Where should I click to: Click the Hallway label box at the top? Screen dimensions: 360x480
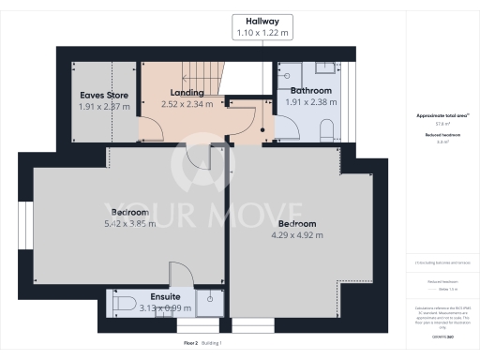(x=263, y=27)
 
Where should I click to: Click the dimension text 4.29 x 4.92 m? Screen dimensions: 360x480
(x=296, y=235)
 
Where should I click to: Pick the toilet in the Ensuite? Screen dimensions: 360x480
(x=122, y=303)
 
